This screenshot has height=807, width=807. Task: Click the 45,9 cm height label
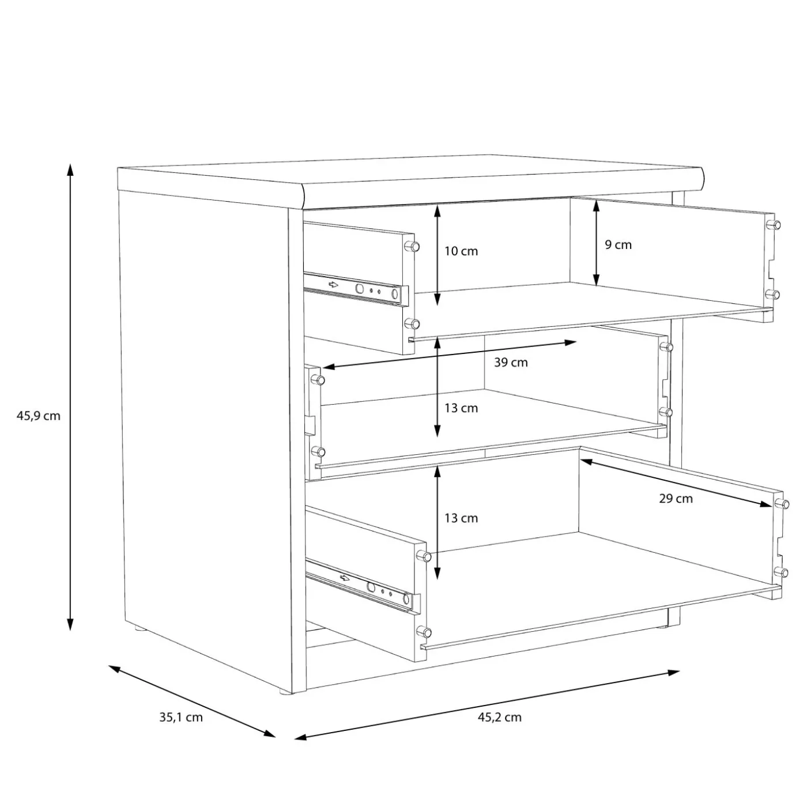coord(39,416)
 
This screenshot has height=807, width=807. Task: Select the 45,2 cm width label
coord(500,718)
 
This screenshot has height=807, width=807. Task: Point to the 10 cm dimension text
coord(461,251)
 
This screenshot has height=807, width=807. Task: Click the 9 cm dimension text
coord(618,245)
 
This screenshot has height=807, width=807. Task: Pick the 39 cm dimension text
coord(511,362)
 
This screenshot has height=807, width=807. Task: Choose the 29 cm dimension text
coord(676,499)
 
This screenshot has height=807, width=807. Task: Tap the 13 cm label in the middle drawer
coord(461,408)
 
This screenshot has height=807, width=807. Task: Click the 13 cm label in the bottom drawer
coord(461,518)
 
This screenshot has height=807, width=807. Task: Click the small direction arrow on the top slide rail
coord(333,285)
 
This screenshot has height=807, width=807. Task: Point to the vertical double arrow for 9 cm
coord(596,243)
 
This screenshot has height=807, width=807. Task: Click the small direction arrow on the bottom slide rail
coord(345,579)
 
